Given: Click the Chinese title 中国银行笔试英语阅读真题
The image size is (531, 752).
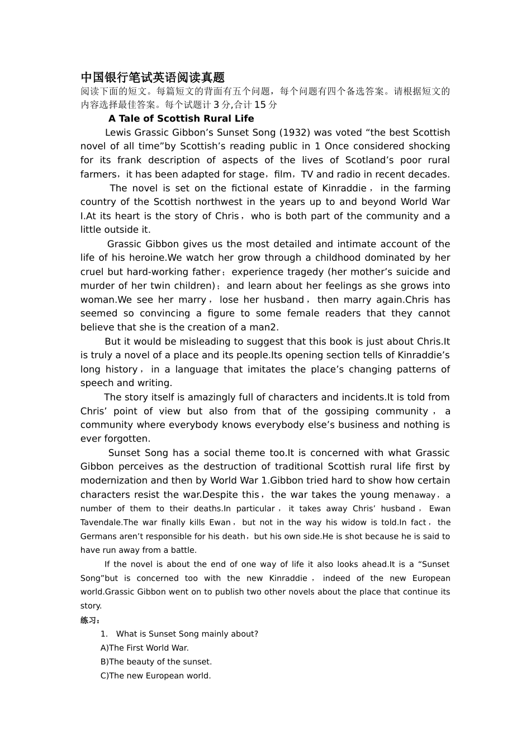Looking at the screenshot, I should click(152, 77).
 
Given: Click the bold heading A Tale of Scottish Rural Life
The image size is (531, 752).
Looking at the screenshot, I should click(181, 119).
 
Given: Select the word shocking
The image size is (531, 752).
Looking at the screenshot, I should click(429, 147).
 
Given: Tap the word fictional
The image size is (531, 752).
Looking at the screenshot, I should click(253, 189).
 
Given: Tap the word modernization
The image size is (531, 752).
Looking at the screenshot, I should click(114, 481).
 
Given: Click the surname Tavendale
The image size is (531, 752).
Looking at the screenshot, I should click(101, 523).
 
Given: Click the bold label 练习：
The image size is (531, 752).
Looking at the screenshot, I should click(90, 620).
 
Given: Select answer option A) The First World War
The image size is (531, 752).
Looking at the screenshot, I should click(145, 648).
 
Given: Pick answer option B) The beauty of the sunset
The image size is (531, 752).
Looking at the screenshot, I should click(156, 662).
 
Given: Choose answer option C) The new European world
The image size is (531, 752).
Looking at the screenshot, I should click(155, 676).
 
